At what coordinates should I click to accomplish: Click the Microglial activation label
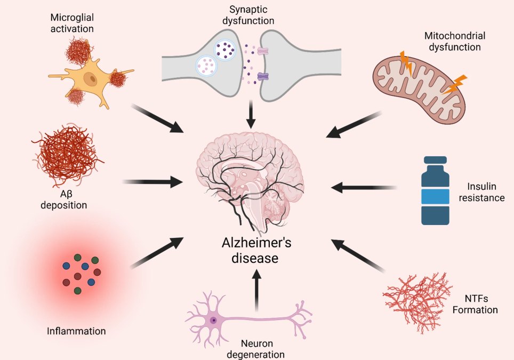pyautogui.click(x=72, y=23)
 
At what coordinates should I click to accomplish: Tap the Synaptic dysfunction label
pyautogui.click(x=248, y=15)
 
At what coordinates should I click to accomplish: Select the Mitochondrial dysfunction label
pyautogui.click(x=455, y=41)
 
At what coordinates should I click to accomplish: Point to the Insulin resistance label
pyautogui.click(x=481, y=192)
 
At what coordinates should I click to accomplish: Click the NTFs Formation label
pyautogui.click(x=475, y=304)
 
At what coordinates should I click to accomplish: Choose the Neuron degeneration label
pyautogui.click(x=256, y=349)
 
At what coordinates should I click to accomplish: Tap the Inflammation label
pyautogui.click(x=76, y=331)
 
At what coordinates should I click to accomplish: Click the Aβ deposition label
pyautogui.click(x=63, y=199)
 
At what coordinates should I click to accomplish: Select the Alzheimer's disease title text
pyautogui.click(x=256, y=250)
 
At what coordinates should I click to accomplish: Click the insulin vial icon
pyautogui.click(x=435, y=190)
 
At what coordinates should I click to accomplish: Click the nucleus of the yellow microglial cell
pyautogui.click(x=90, y=79)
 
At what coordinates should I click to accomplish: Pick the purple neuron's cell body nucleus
pyautogui.click(x=213, y=320)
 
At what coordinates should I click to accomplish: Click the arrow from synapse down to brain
pyautogui.click(x=251, y=114)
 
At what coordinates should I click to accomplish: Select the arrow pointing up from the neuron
pyautogui.click(x=256, y=290)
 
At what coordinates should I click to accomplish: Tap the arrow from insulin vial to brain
pyautogui.click(x=364, y=188)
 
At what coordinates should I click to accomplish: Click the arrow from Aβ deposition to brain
pyautogui.click(x=152, y=182)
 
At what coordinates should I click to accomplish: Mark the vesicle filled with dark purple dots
pyautogui.click(x=224, y=49)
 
